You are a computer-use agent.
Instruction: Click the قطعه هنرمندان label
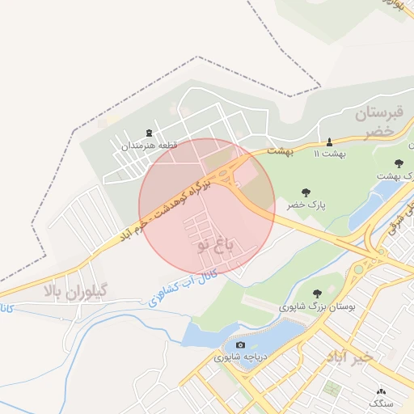pos(149,146)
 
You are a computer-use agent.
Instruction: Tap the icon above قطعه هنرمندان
pos(149,133)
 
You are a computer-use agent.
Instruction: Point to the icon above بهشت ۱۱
pos(330,141)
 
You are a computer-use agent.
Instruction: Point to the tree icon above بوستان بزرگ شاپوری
pos(315,294)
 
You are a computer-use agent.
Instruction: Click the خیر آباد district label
pos(351,357)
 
